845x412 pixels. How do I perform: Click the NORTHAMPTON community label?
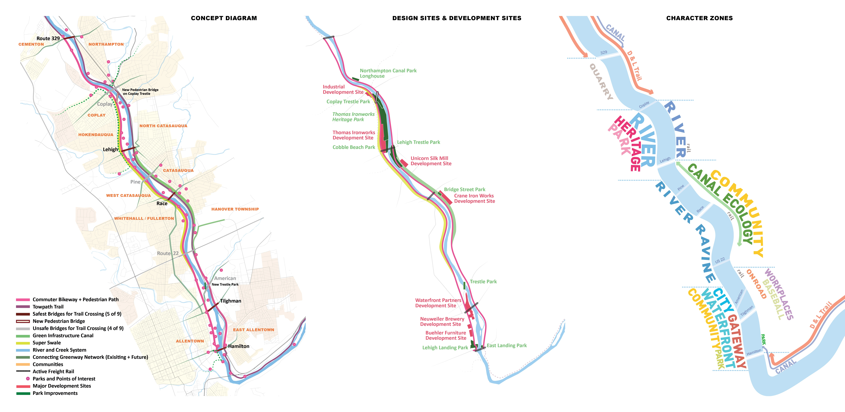[x=106, y=44]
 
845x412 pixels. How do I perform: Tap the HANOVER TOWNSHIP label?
[x=235, y=209]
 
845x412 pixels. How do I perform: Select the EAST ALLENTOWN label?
[x=254, y=330]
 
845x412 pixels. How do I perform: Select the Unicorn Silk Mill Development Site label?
[x=431, y=161]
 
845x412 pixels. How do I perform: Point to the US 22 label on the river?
[x=720, y=261]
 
